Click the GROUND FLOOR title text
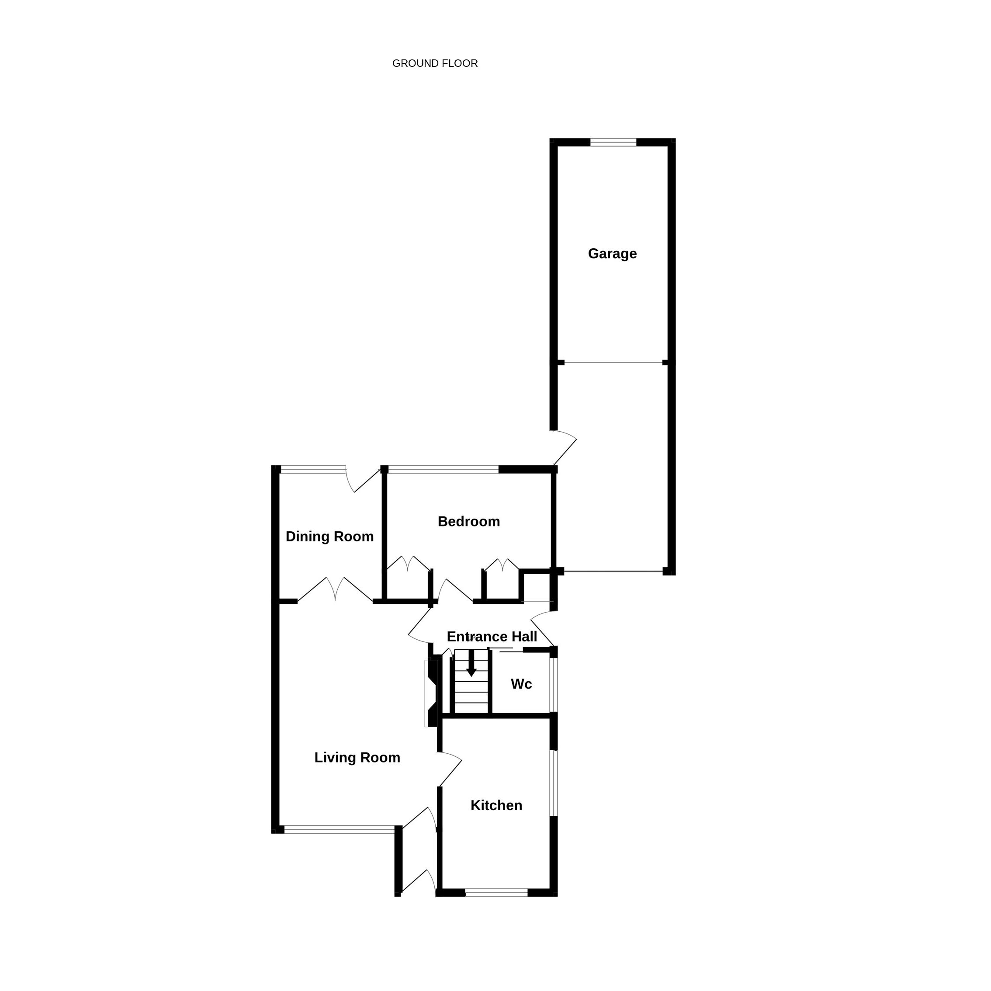tap(435, 63)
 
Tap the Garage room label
tap(613, 253)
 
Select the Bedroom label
tap(469, 522)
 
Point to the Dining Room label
tap(330, 537)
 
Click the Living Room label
tap(357, 758)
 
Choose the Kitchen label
tap(496, 805)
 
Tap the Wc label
tap(521, 684)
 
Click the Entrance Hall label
tap(492, 637)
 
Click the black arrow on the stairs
tap(471, 663)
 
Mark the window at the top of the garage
tap(613, 142)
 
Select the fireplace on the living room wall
tap(431, 693)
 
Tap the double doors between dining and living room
tap(335, 589)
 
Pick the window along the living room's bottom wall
tap(339, 829)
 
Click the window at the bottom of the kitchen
tap(496, 893)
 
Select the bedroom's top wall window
tap(443, 469)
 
